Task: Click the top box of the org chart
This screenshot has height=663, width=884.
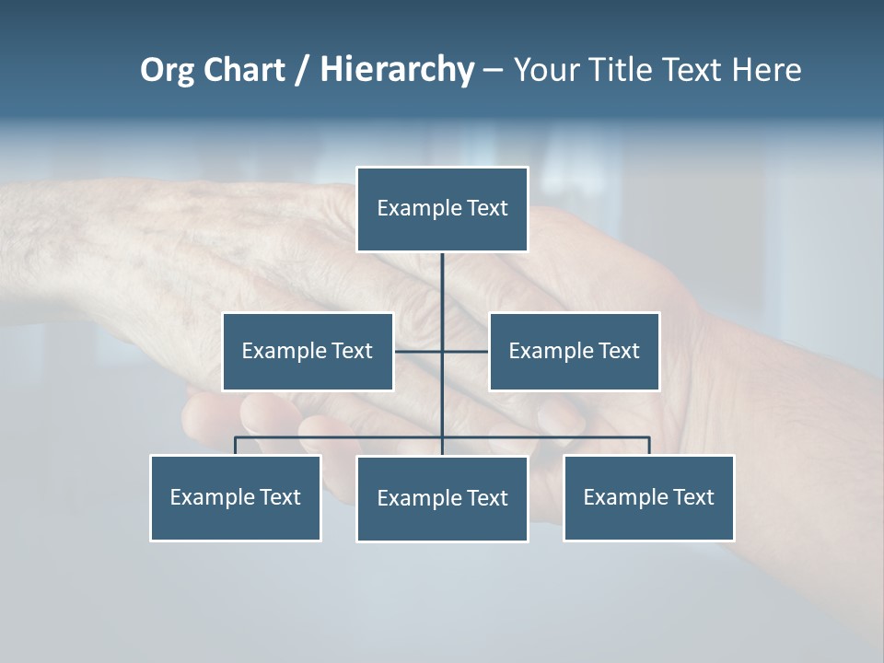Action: click(442, 209)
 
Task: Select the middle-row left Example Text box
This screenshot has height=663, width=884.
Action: click(308, 352)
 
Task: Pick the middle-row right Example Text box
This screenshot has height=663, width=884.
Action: click(574, 352)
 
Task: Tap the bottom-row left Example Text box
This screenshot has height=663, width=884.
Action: click(236, 498)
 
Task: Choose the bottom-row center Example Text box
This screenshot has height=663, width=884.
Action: click(442, 499)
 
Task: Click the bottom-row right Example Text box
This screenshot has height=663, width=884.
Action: click(649, 498)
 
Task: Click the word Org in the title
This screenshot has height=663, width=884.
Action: click(167, 70)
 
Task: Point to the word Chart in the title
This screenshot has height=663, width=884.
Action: click(243, 70)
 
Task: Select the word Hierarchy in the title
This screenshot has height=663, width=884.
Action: click(397, 70)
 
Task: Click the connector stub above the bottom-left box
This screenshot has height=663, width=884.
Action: click(236, 446)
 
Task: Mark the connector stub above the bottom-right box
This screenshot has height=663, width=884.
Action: click(649, 446)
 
